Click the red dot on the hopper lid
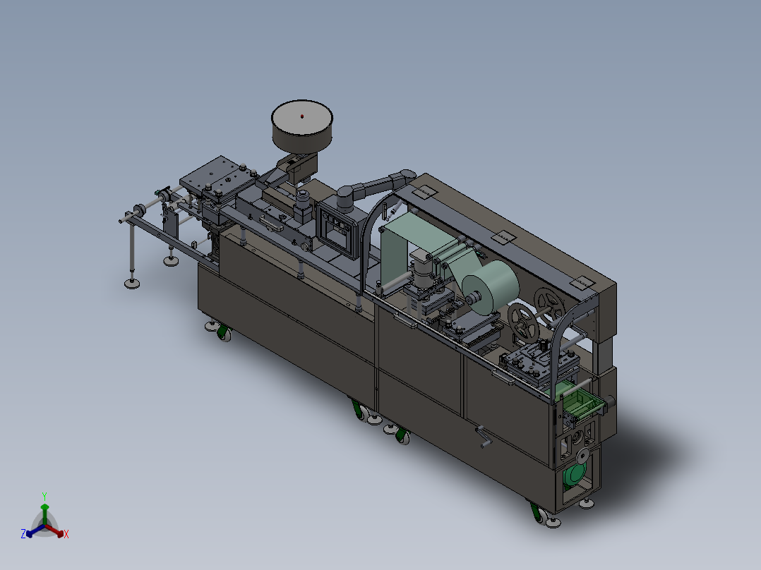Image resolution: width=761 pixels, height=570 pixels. (x=302, y=116)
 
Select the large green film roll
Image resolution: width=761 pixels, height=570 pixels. (x=490, y=287)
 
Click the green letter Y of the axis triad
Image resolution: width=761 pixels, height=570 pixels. (x=44, y=496)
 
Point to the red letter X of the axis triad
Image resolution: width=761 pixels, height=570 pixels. (x=66, y=534)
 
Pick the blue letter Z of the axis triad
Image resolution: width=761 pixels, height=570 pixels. (x=23, y=534)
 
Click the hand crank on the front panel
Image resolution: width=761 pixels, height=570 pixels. (x=482, y=436)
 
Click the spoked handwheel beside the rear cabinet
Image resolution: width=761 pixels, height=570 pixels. (x=549, y=305)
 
